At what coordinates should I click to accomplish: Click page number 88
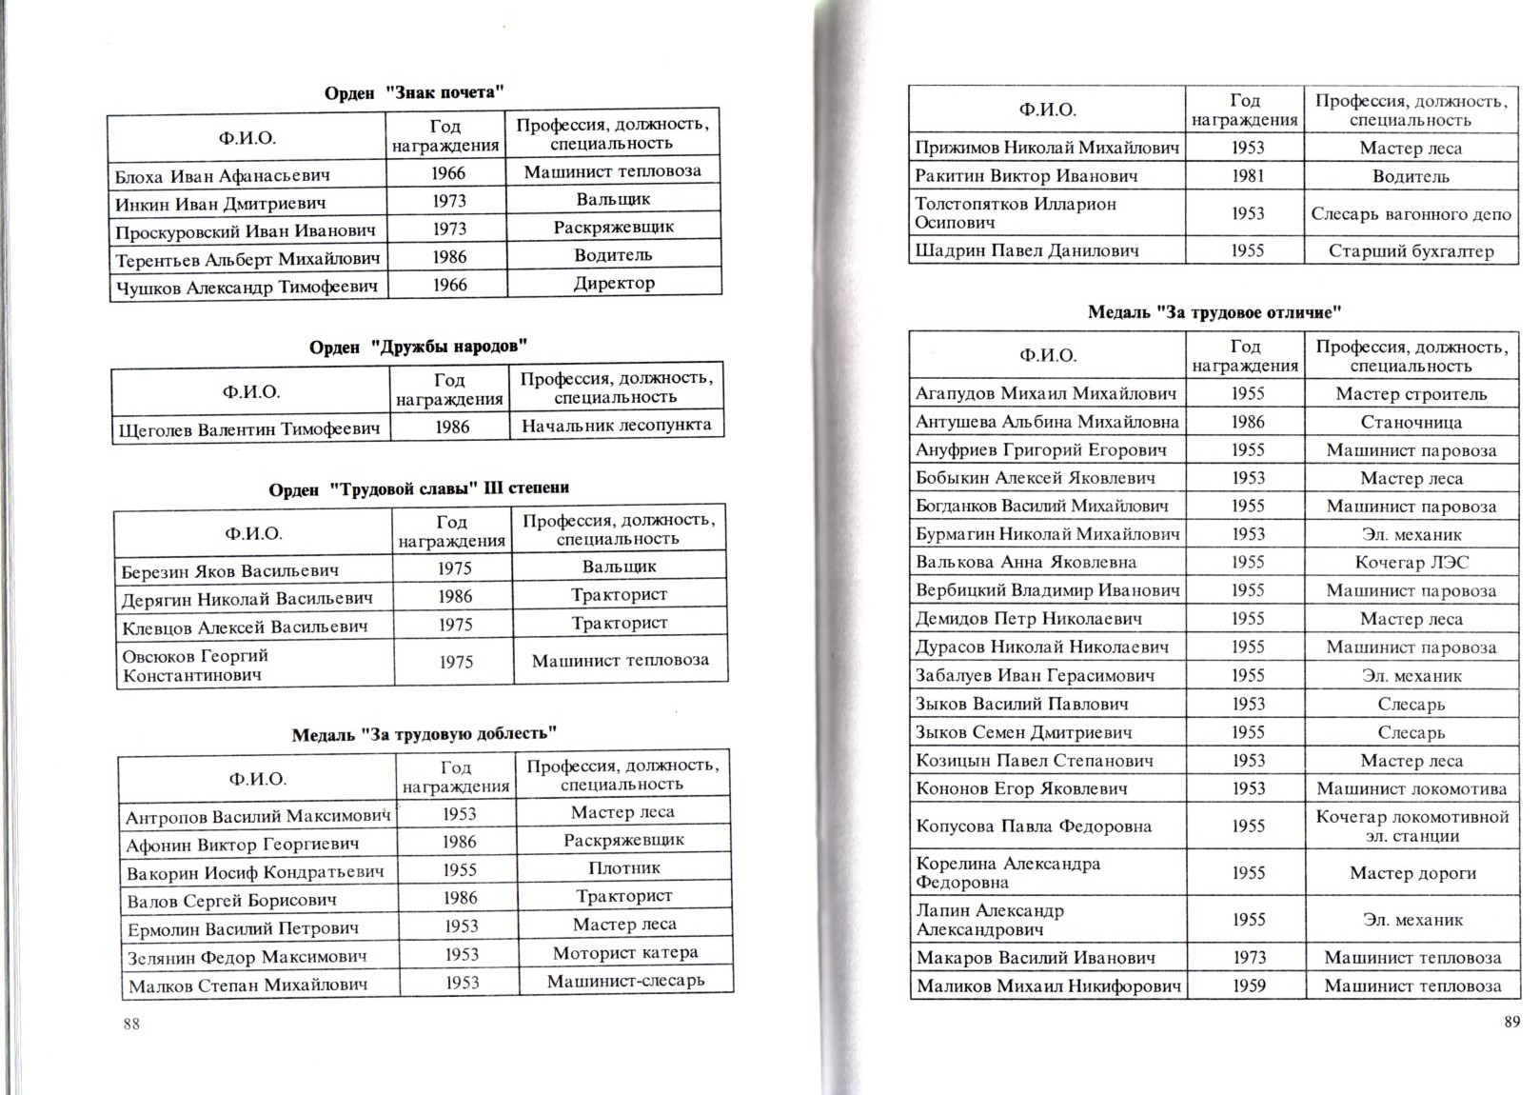131,1024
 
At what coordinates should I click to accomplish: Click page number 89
1512,1022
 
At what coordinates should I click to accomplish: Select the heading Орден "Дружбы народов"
418,347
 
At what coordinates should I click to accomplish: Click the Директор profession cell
614,283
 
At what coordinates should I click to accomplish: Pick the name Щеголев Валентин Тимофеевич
249,429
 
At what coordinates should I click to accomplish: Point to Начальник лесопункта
617,425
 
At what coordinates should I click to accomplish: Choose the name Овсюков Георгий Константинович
195,665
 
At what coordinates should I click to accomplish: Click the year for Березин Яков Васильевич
454,567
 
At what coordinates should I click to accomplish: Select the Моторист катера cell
625,952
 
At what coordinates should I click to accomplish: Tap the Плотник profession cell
623,867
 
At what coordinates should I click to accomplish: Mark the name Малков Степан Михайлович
247,985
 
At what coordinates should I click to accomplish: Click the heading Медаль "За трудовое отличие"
1214,311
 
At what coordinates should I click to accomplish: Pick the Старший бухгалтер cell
1411,251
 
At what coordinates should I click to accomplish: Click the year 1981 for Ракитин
1247,175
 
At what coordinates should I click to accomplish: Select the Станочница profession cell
1411,422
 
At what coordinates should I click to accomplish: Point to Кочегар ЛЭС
1412,562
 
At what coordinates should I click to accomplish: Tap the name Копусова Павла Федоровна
1034,826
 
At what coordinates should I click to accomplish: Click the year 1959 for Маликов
1248,985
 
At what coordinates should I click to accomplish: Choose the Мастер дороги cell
1412,872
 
